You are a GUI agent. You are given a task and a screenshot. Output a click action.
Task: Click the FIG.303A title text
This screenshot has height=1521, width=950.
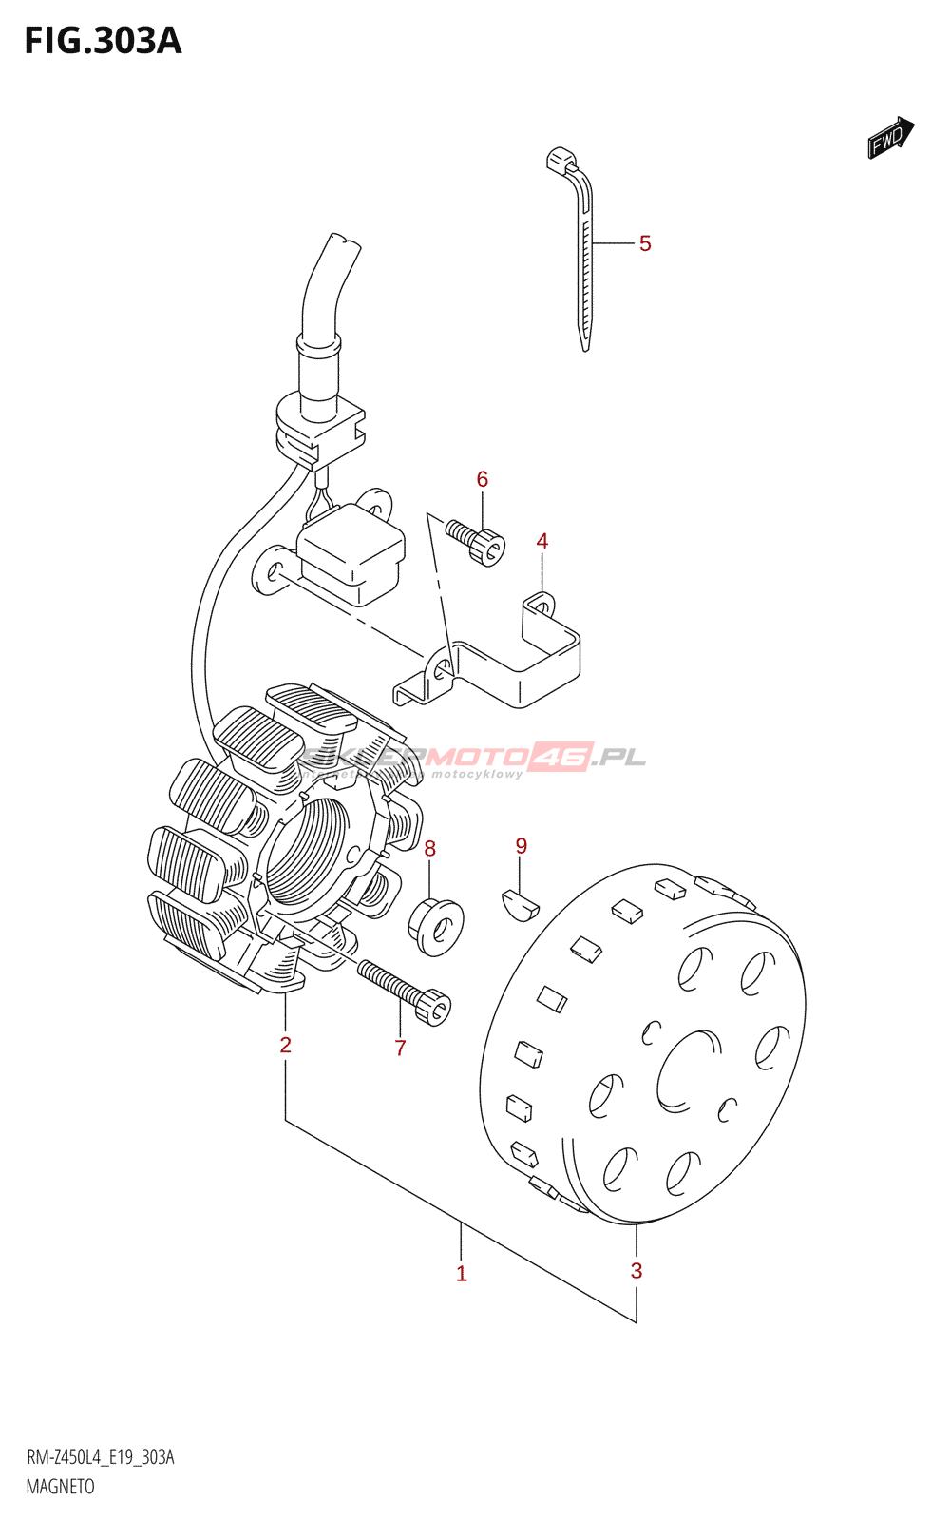[103, 41]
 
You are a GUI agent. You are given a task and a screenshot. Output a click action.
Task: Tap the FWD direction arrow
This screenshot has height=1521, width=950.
[890, 138]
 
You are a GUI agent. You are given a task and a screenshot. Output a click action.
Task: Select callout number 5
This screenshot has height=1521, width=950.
[645, 244]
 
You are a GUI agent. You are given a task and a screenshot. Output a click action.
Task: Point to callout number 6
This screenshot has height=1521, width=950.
[483, 479]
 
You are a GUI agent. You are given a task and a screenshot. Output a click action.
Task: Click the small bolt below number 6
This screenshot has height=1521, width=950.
[478, 542]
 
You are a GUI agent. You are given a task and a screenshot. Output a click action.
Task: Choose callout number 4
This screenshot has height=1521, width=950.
[542, 541]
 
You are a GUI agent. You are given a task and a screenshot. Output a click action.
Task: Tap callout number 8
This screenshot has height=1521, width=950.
[430, 848]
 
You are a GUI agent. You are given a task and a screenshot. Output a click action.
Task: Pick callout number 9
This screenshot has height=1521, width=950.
[522, 845]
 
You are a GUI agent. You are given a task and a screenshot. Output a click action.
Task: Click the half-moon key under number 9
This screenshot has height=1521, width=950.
[519, 902]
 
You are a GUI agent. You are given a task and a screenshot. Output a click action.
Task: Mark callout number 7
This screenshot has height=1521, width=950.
[401, 1048]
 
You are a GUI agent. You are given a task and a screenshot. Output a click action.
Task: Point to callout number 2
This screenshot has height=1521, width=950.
[285, 1045]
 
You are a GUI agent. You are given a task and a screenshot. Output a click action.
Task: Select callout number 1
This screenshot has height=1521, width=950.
[462, 1274]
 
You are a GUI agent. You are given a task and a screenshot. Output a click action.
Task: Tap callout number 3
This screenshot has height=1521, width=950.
[636, 1271]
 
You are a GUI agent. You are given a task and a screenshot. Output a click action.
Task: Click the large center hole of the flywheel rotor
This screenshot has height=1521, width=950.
[689, 1069]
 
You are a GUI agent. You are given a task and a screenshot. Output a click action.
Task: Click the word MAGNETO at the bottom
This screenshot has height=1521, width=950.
[61, 1487]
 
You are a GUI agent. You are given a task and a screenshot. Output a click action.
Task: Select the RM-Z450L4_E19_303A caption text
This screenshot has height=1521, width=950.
[101, 1457]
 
